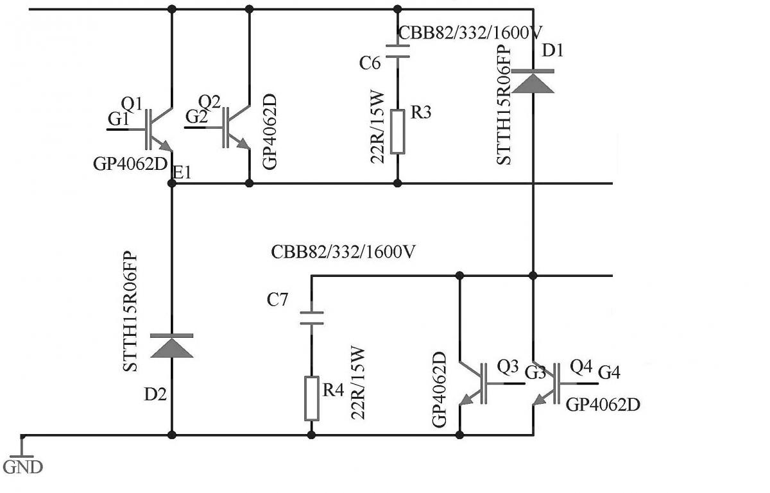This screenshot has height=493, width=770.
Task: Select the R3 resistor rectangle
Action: (398, 131)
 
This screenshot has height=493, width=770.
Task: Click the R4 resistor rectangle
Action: (311, 398)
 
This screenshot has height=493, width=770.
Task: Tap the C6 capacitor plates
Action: (398, 51)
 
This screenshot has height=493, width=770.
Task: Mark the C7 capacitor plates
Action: (311, 318)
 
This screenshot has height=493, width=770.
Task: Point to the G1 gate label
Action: (119, 119)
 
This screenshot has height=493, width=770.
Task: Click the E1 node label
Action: (183, 171)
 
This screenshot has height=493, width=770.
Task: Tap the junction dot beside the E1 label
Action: (172, 183)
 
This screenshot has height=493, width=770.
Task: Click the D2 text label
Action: (156, 394)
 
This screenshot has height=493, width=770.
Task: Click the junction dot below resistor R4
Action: (311, 435)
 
